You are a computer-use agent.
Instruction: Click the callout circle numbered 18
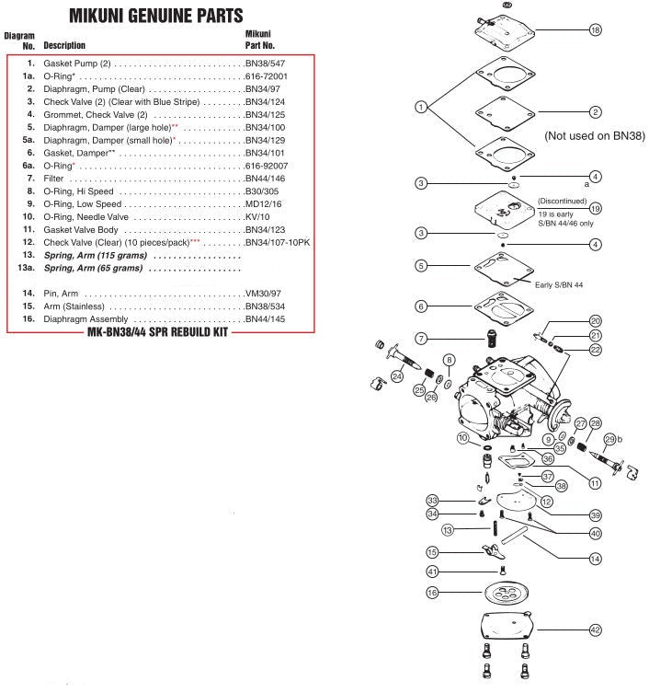point(595,30)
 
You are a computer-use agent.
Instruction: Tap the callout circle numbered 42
point(595,629)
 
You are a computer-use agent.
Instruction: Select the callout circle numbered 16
point(432,594)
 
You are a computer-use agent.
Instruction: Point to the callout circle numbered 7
point(421,339)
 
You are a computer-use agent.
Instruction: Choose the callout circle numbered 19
point(595,208)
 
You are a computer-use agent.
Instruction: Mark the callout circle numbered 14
point(595,558)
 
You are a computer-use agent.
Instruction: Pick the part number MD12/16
point(265,203)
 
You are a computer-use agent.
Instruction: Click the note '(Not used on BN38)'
point(594,135)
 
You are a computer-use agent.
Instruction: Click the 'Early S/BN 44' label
point(559,284)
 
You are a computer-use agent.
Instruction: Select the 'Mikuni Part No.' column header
point(259,40)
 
